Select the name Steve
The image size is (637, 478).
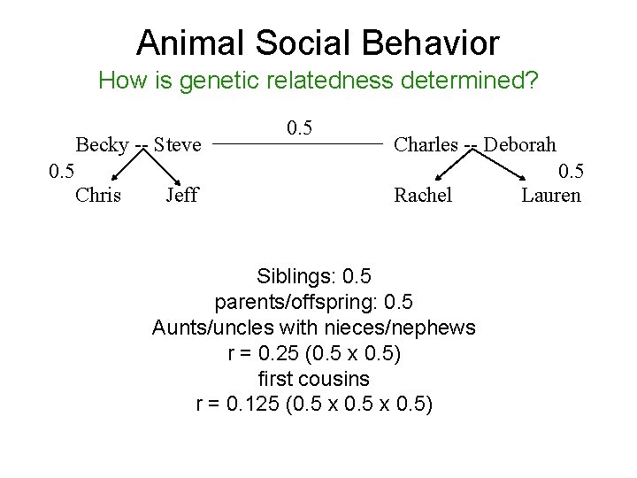(x=178, y=144)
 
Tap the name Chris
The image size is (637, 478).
(x=98, y=195)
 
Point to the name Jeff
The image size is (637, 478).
(x=181, y=195)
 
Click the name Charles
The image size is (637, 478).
(x=426, y=143)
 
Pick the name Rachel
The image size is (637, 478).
(x=423, y=195)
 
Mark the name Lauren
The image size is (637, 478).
(x=551, y=195)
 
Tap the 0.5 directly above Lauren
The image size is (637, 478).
(x=571, y=169)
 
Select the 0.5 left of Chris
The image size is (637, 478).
(x=61, y=169)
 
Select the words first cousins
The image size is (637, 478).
(x=313, y=379)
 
